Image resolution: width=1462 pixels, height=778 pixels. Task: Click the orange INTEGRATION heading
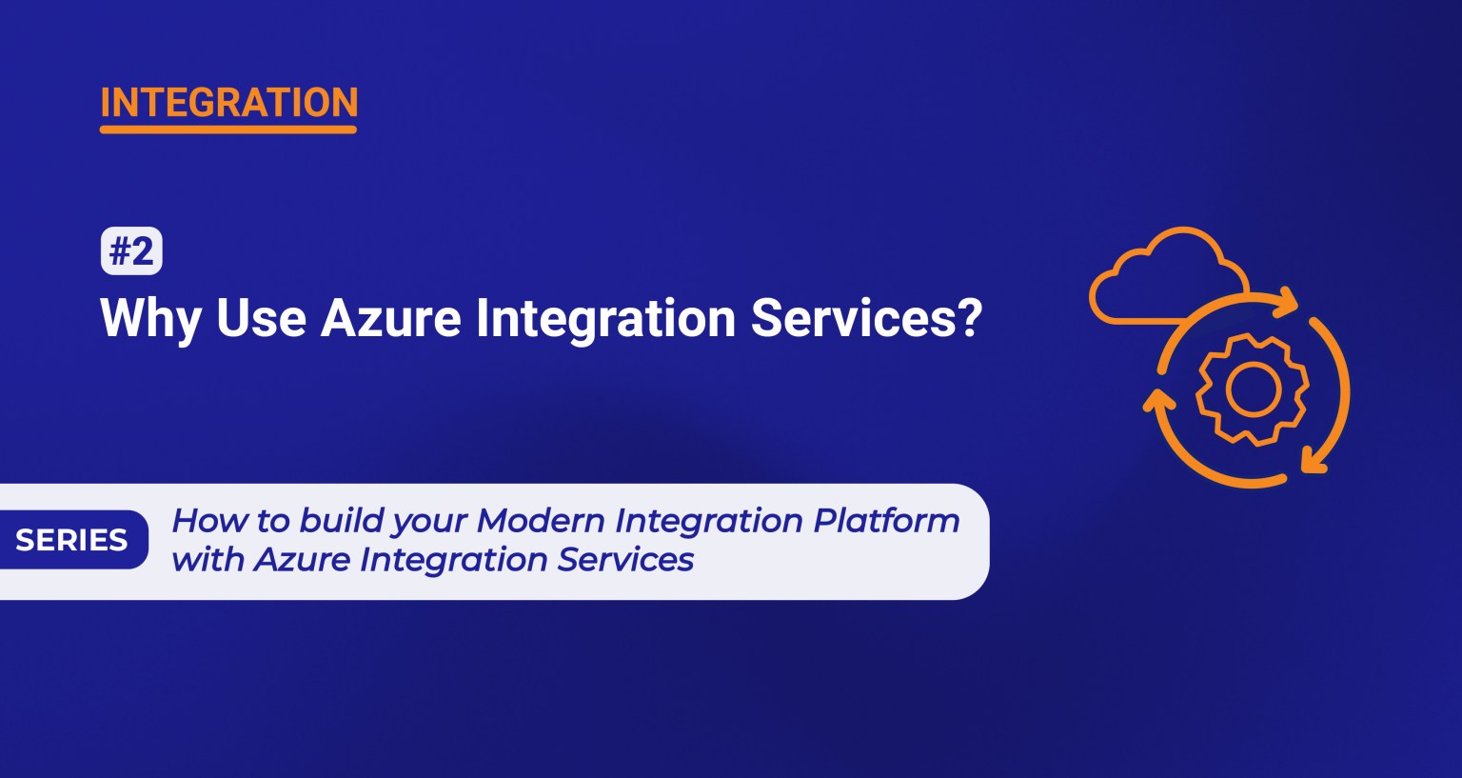click(228, 102)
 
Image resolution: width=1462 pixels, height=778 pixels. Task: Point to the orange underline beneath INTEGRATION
click(228, 129)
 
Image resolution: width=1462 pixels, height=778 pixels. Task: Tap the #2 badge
click(131, 252)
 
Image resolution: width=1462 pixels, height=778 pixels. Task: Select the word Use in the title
click(261, 318)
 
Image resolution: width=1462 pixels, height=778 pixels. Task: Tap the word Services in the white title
click(854, 318)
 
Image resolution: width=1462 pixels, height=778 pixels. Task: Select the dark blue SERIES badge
click(72, 540)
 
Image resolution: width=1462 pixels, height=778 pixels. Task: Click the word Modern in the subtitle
click(540, 521)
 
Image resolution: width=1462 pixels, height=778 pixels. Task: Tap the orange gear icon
click(1252, 388)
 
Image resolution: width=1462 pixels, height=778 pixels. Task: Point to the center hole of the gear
click(1252, 388)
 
